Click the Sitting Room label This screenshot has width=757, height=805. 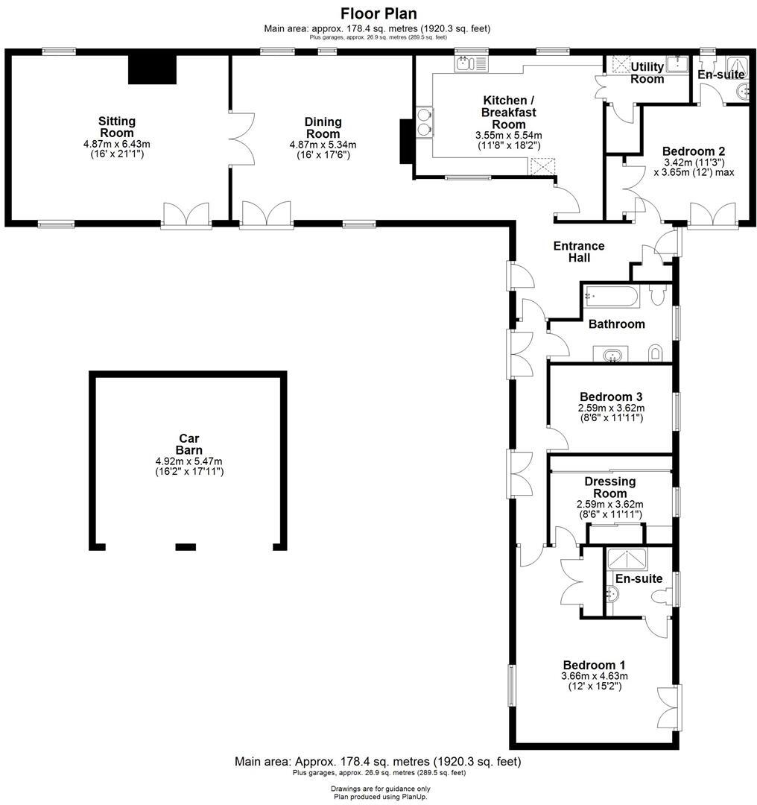pyautogui.click(x=117, y=127)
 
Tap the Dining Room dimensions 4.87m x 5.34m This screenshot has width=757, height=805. pyautogui.click(x=323, y=145)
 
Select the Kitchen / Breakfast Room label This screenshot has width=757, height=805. pyautogui.click(x=509, y=112)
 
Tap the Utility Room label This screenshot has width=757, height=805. pyautogui.click(x=647, y=73)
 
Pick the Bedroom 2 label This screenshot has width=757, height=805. pyautogui.click(x=688, y=150)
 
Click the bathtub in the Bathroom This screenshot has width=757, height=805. pyautogui.click(x=610, y=297)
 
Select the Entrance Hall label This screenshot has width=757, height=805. pyautogui.click(x=579, y=252)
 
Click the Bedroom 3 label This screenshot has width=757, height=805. pyautogui.click(x=611, y=397)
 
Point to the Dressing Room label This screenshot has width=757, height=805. pyautogui.click(x=609, y=487)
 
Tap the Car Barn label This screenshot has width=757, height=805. pyautogui.click(x=189, y=444)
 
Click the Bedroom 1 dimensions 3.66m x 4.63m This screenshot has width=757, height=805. pyautogui.click(x=594, y=676)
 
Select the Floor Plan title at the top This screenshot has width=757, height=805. pyautogui.click(x=378, y=13)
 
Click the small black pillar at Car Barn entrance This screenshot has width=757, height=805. pyautogui.click(x=185, y=547)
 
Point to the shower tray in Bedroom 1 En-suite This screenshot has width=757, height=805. pyautogui.click(x=629, y=560)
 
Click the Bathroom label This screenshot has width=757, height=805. pyautogui.click(x=616, y=324)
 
